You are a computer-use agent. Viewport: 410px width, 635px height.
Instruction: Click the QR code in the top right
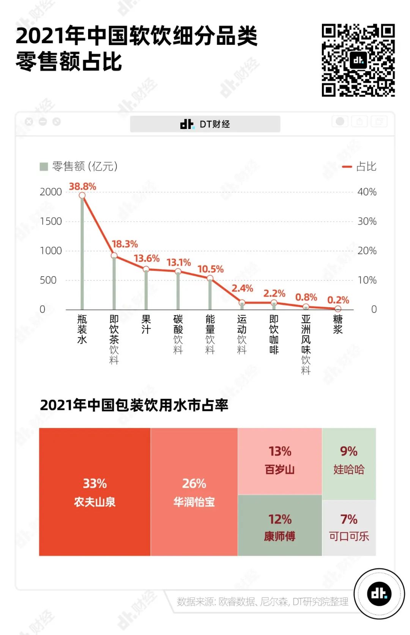point(358,60)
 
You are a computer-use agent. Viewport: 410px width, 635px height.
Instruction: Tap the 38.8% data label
point(82,186)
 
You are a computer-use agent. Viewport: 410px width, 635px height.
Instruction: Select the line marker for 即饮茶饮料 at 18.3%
point(114,256)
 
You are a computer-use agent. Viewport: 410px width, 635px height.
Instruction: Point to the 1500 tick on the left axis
point(50,221)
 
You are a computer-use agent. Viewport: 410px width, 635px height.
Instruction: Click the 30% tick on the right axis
point(367,221)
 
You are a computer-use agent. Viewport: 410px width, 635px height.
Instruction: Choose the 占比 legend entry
point(360,167)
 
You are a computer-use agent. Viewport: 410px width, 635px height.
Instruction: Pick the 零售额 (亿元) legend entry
point(79,167)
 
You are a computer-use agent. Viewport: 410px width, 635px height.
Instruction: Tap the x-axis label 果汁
point(146,324)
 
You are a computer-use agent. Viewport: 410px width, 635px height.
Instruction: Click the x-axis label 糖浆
point(337,324)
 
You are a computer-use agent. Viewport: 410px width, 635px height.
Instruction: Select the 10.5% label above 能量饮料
point(210,269)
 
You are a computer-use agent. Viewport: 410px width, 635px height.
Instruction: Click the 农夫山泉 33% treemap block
point(95,492)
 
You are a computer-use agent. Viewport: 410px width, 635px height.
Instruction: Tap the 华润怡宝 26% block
point(194,492)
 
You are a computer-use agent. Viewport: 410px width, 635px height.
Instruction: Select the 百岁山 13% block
point(280,461)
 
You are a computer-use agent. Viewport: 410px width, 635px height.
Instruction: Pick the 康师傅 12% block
point(280,526)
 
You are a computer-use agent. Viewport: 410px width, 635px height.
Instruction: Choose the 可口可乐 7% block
point(349,528)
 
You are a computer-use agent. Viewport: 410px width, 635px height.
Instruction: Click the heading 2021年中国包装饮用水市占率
point(134,405)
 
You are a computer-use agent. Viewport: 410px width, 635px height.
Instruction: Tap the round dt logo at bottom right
point(379,594)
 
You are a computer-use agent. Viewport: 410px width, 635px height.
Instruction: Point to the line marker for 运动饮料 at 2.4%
point(242,303)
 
